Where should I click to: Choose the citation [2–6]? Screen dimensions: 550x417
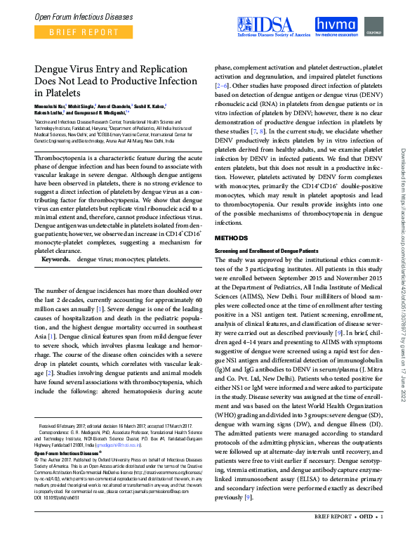pos(224,84)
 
